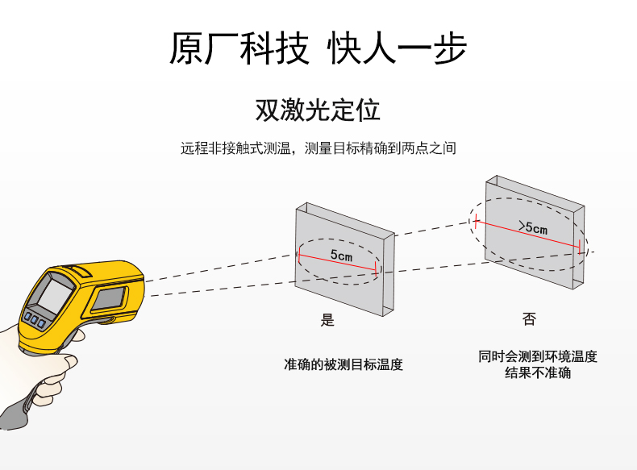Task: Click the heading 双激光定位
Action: (x=318, y=110)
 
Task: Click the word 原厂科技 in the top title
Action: (x=239, y=49)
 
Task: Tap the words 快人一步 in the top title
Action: (x=397, y=49)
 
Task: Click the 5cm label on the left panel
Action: (x=341, y=256)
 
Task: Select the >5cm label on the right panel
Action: (x=532, y=228)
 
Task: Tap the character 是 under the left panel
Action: (x=327, y=320)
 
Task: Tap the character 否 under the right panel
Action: (x=529, y=320)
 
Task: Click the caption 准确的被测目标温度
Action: (x=343, y=364)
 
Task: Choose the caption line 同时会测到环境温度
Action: (x=538, y=356)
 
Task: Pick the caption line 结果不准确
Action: (x=538, y=373)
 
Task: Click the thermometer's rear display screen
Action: (x=53, y=293)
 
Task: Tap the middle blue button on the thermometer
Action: (x=35, y=320)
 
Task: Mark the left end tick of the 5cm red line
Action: (x=298, y=256)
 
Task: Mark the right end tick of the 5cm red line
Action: (x=377, y=271)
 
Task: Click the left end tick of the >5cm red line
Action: (x=477, y=218)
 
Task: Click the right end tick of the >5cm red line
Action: (x=581, y=246)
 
